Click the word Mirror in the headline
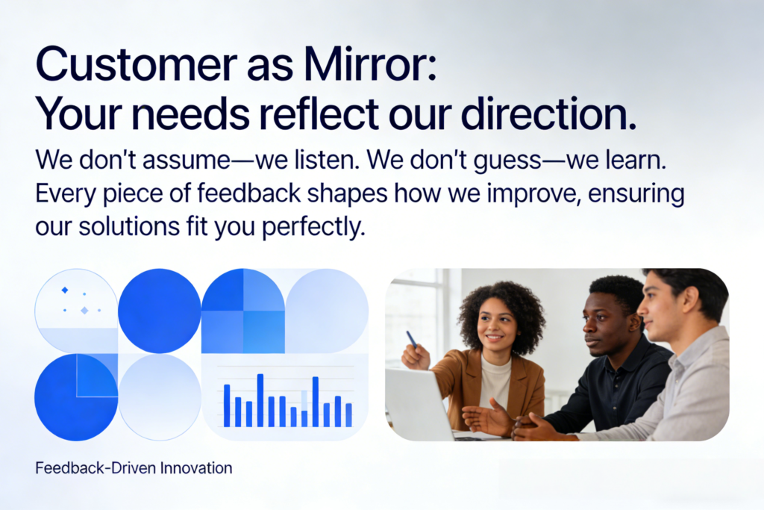click(369, 64)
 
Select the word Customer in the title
click(137, 64)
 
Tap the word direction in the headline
click(548, 114)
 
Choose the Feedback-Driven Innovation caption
click(134, 468)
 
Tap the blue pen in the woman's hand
click(412, 339)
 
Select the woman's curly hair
click(501, 312)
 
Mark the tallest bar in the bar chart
click(260, 400)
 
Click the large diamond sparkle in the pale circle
click(84, 310)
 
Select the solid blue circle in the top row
click(160, 311)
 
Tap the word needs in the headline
click(190, 114)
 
